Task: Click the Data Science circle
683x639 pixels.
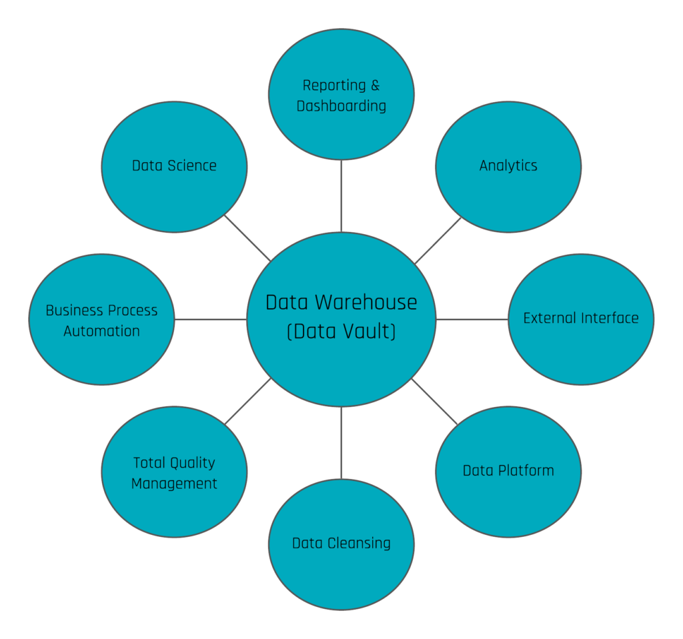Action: pyautogui.click(x=174, y=167)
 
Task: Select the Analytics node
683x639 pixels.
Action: pyautogui.click(x=508, y=167)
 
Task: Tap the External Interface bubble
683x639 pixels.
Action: pyautogui.click(x=581, y=319)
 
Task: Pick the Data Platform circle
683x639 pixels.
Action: pyautogui.click(x=508, y=471)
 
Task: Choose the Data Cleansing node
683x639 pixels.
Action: pyautogui.click(x=341, y=544)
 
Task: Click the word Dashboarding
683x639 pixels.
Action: pyautogui.click(x=341, y=106)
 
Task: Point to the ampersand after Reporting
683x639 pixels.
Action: pyautogui.click(x=375, y=85)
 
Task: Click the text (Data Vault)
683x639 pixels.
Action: pyautogui.click(x=341, y=332)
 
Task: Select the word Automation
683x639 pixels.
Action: pyautogui.click(x=101, y=332)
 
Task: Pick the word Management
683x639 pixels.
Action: pyautogui.click(x=174, y=484)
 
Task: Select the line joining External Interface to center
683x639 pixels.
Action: pyautogui.click(x=472, y=319)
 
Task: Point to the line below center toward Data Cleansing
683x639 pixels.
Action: pyautogui.click(x=341, y=442)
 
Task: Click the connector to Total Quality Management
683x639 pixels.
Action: pyautogui.click(x=247, y=402)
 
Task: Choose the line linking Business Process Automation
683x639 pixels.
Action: pyautogui.click(x=211, y=319)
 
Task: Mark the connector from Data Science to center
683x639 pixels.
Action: pyautogui.click(x=247, y=238)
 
